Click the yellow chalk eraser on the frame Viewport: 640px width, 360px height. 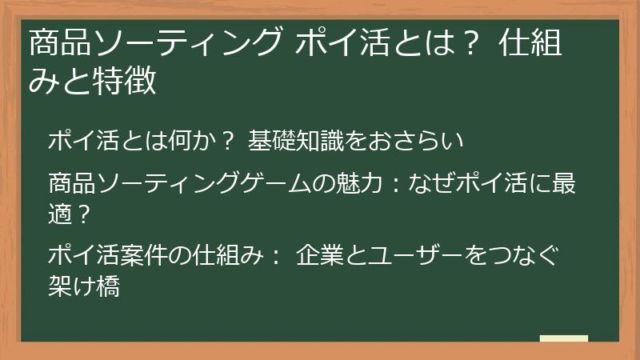click(x=563, y=339)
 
